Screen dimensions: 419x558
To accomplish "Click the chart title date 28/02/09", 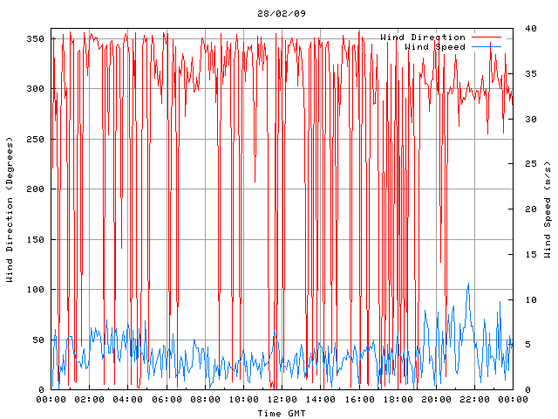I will coord(282,14).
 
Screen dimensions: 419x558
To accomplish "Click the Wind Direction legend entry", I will coord(423,37).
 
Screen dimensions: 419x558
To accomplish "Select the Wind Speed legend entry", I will coord(435,46).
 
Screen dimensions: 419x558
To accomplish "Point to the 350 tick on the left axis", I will coord(37,38).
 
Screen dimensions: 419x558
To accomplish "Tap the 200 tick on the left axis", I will coord(37,189).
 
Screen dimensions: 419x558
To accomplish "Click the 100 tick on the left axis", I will coord(37,289).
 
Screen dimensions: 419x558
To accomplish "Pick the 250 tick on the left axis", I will coord(37,139).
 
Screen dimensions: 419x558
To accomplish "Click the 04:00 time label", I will coord(128,400).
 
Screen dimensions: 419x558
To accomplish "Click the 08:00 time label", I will coord(205,400).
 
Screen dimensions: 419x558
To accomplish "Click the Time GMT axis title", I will coord(282,413).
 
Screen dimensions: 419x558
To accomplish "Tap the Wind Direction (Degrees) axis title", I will coord(10,209).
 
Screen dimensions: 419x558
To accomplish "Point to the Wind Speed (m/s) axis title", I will coord(548,209).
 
